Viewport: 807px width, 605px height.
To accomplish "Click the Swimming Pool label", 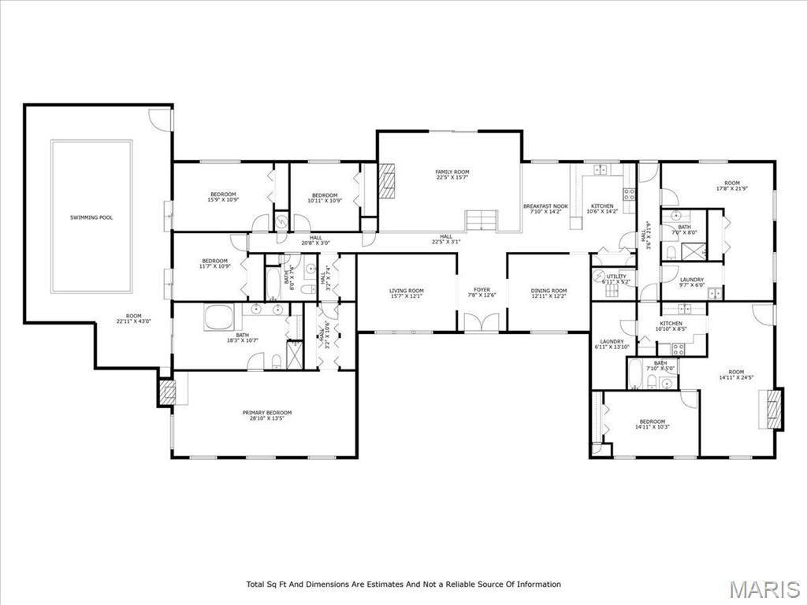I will coord(91,217).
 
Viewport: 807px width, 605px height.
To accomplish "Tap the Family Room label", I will coord(452,172).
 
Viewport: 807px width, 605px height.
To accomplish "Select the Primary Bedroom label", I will coord(266,413).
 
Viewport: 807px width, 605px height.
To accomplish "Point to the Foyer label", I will coord(482,290).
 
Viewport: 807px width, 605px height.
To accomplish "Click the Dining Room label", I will coord(549,291).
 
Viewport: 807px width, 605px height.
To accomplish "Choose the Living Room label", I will coord(407,291).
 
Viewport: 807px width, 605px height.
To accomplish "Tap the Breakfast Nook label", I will coord(545,206).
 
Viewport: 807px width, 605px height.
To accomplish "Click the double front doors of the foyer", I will coord(481,322).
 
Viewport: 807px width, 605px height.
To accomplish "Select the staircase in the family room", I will coord(479,221).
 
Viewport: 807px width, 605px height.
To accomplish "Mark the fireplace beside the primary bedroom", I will coord(166,392).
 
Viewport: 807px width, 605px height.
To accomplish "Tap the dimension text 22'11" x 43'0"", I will coord(133,321).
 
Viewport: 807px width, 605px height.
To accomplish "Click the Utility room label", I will coord(616,277).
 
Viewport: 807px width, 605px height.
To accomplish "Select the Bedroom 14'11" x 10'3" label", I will coord(652,421).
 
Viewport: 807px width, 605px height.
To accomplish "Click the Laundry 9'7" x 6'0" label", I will coord(692,280).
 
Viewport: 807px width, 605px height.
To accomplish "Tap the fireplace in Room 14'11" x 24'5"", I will coord(775,409).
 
